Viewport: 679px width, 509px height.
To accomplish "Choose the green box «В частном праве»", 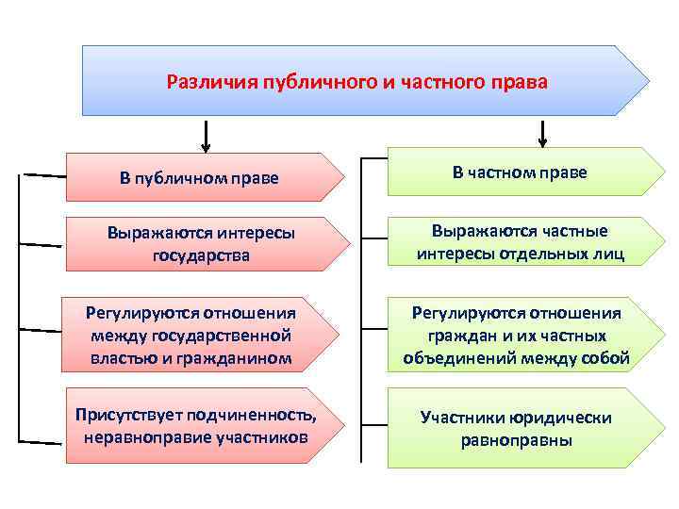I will point(519,172).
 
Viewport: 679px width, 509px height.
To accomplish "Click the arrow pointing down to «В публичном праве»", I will point(207,138).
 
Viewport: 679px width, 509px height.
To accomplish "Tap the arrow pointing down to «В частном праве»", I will point(542,135).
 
